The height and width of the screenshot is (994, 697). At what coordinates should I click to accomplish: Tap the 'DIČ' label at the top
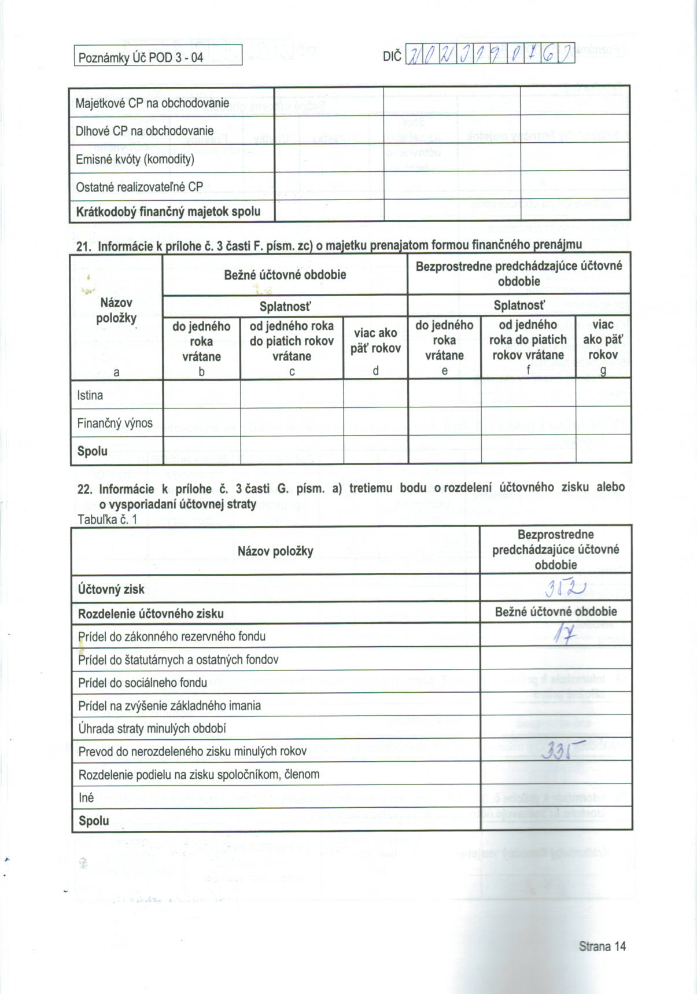(392, 57)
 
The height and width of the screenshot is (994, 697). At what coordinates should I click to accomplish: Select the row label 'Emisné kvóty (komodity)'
(135, 159)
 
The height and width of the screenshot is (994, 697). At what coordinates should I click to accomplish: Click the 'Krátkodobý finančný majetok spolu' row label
(168, 211)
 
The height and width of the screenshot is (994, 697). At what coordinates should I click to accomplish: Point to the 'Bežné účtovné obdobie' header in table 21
(285, 275)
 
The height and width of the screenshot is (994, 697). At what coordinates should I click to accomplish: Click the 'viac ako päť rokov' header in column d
(375, 340)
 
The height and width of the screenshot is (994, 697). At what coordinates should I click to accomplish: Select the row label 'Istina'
(90, 395)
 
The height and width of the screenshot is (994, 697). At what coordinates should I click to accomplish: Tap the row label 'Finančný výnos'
(115, 423)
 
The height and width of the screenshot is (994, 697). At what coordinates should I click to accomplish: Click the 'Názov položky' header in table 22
(275, 551)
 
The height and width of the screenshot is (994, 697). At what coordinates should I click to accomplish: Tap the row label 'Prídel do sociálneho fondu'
(142, 683)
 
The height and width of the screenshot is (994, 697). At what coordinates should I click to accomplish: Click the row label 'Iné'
(86, 797)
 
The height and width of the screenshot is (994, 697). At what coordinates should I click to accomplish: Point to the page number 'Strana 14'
(602, 946)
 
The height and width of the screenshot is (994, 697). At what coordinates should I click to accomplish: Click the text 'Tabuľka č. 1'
(107, 519)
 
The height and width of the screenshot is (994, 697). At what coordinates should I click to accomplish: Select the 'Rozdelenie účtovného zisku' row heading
(150, 613)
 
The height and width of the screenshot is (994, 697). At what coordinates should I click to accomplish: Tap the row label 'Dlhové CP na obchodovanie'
(145, 131)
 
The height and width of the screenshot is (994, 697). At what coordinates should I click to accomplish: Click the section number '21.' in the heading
(84, 246)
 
